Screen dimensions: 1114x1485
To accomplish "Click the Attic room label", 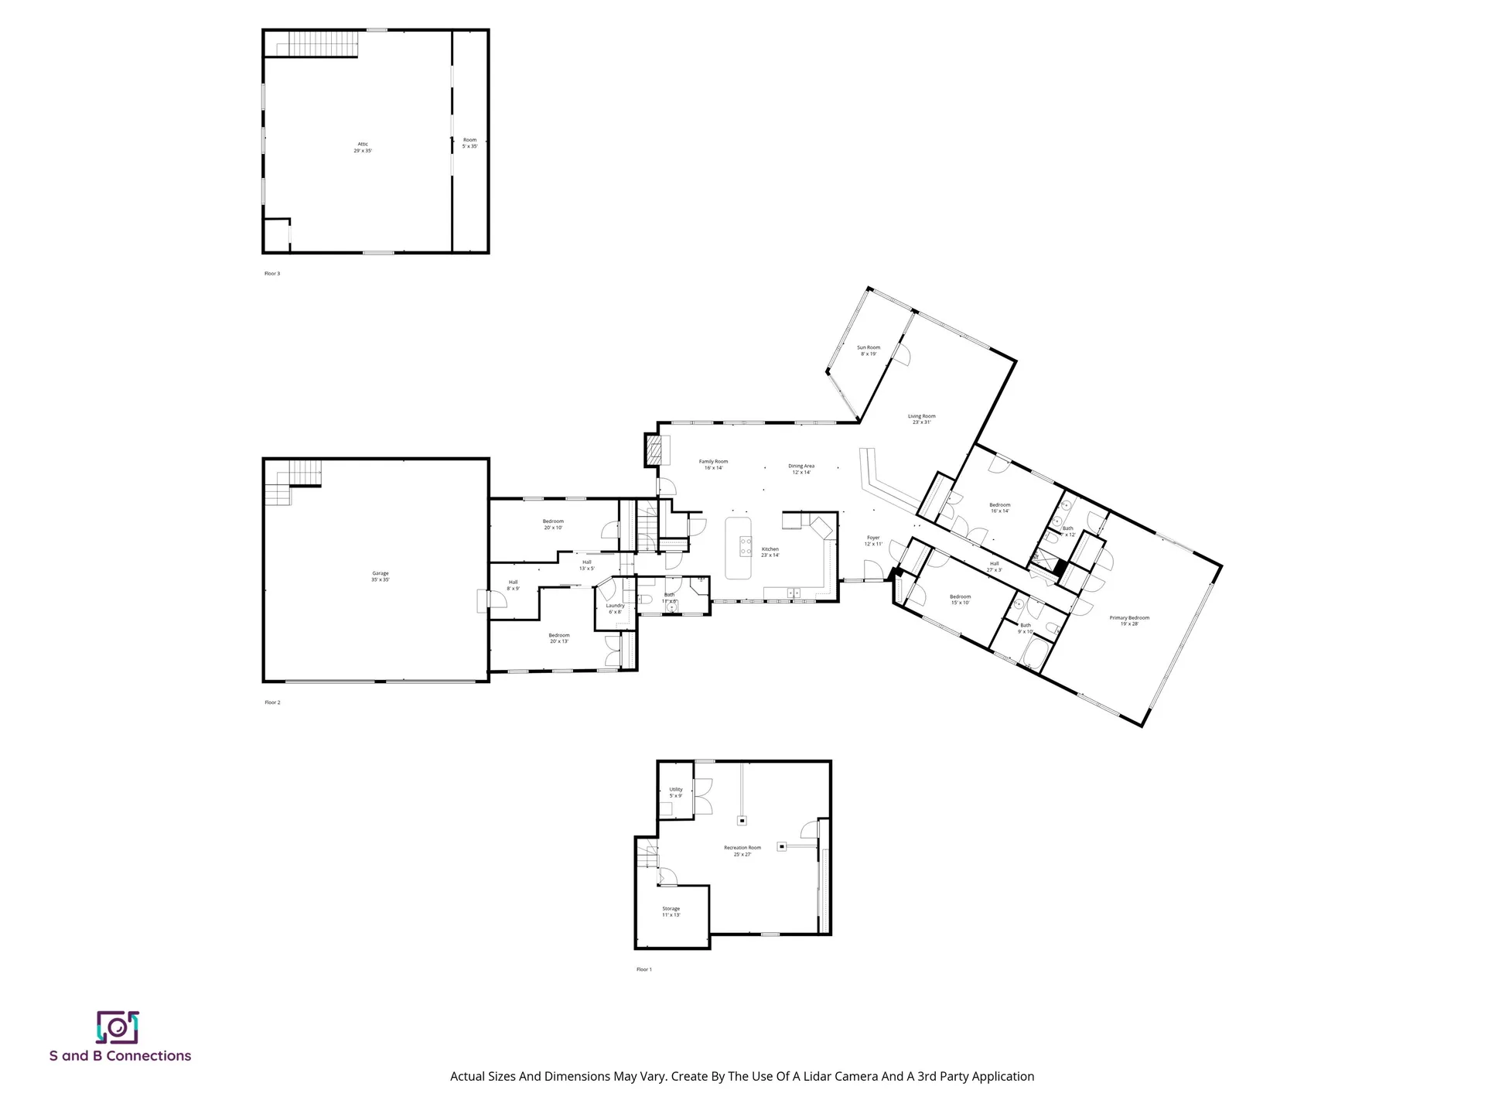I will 363,147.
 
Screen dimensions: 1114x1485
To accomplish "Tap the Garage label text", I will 380,576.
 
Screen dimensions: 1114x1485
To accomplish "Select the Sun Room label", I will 869,350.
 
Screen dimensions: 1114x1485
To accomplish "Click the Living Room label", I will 921,419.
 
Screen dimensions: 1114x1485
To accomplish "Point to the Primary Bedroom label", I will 1129,620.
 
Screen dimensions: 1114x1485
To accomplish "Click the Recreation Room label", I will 742,851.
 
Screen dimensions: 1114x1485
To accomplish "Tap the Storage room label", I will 671,911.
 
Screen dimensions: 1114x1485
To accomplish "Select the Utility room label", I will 675,792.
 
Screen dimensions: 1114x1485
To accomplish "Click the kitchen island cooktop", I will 746,547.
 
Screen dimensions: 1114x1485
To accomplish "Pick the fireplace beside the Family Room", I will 655,450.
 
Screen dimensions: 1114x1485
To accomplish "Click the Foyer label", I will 873,540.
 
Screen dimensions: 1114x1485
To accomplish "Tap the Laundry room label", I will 615,609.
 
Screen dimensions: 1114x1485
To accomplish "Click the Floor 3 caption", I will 272,273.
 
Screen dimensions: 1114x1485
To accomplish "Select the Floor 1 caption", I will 643,969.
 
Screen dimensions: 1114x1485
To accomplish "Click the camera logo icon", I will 118,1027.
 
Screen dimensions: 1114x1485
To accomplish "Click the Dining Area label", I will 801,469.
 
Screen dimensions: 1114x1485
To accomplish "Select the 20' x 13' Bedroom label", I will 559,638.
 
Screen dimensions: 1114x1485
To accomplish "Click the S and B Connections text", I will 120,1056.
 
